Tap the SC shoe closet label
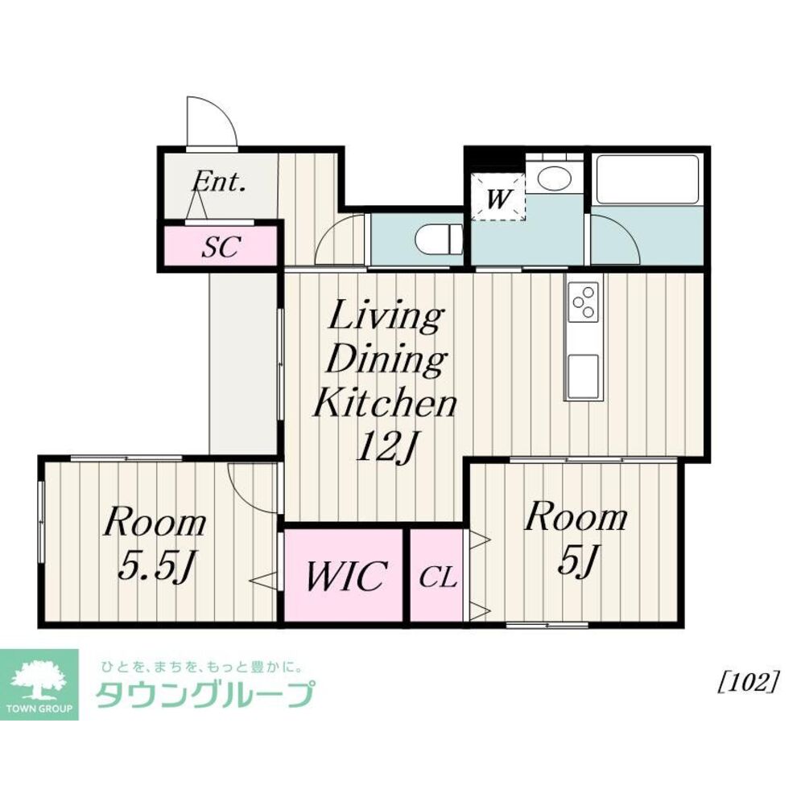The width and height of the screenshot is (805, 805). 221,247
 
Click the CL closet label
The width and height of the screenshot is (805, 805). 438,578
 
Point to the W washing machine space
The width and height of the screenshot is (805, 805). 498,198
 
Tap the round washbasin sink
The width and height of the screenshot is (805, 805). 554,179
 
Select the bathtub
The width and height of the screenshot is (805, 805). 647,179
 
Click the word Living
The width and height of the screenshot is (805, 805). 386,318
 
